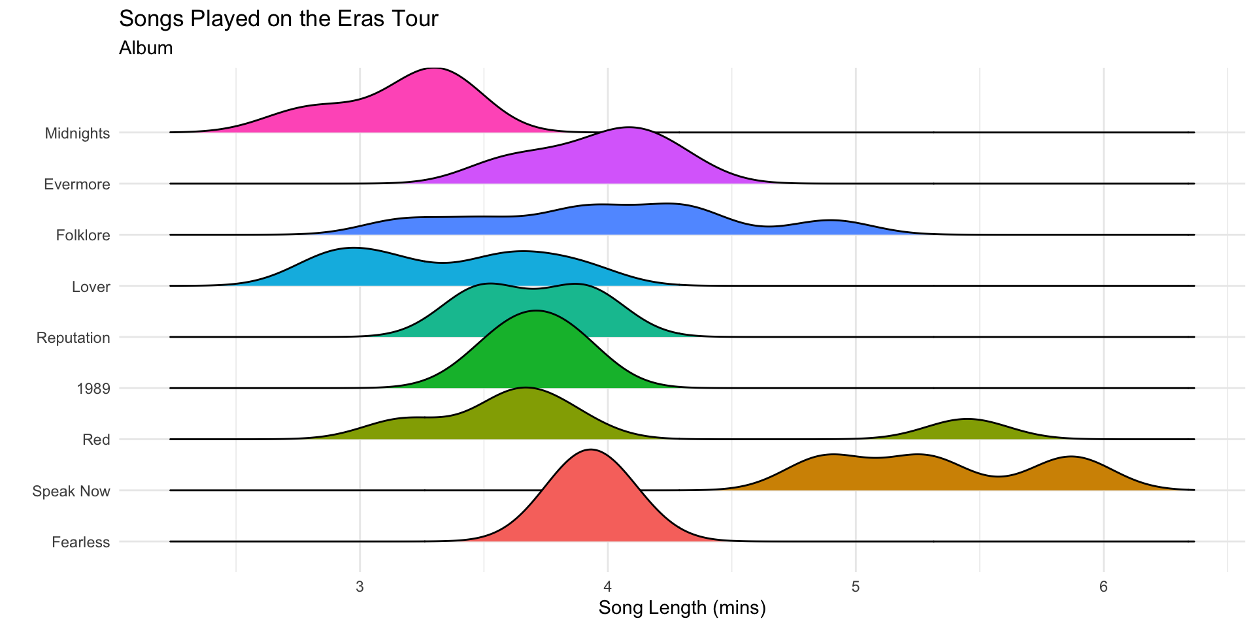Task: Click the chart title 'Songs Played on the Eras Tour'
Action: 278,19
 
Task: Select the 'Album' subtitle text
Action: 146,48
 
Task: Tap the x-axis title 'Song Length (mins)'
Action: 682,608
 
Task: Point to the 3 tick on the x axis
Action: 360,587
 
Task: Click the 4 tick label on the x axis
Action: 608,587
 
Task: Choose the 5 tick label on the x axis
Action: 856,587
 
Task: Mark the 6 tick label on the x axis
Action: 1103,587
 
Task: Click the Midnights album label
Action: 77,133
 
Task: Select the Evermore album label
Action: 76,184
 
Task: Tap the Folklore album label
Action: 83,235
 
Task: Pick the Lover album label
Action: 91,287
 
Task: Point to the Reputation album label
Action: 73,338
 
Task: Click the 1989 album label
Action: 93,389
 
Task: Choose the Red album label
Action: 96,440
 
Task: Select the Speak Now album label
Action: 71,491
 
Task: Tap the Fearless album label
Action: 80,542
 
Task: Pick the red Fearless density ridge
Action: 592,503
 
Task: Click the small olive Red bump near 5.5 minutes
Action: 966,429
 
